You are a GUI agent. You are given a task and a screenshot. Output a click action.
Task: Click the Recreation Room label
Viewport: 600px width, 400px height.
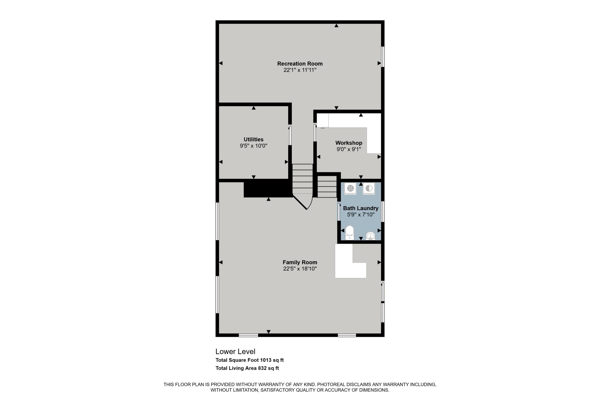coord(300,64)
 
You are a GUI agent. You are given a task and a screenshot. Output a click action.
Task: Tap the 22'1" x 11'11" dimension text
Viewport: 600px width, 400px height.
coord(300,70)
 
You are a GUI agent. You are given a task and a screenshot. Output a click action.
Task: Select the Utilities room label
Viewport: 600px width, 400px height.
coord(253,139)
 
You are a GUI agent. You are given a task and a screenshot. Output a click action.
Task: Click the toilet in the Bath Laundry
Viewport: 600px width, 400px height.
coord(349,233)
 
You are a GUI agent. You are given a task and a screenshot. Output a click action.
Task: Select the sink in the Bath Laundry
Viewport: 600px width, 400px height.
coord(370,236)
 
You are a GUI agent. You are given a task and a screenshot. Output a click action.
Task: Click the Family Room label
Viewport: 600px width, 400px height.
coord(300,262)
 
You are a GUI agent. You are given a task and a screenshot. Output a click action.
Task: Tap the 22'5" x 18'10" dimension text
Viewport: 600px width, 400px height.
coord(300,269)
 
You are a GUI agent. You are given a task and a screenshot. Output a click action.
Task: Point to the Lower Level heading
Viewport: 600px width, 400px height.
coord(235,352)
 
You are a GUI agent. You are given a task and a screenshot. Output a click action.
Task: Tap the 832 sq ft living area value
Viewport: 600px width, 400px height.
coord(268,368)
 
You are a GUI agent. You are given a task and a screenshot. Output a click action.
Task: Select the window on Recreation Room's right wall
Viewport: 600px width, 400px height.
coord(383,57)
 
